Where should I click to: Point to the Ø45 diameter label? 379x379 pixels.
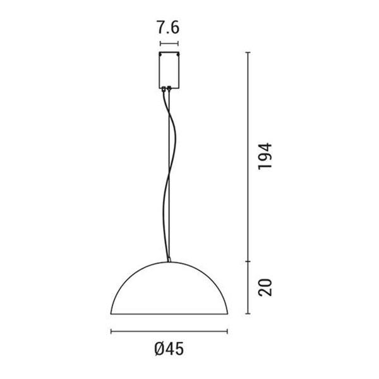tap(169, 348)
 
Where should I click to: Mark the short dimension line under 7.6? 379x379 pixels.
tap(169, 44)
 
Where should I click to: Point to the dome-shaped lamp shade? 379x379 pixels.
tap(169, 291)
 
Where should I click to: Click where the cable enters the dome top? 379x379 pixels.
tap(169, 260)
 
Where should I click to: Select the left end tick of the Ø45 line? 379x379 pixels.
tap(111, 331)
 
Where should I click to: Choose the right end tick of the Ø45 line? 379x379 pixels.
tap(227, 331)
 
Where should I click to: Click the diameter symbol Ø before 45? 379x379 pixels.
tap(159, 348)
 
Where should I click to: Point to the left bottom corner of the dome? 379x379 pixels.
tap(112, 314)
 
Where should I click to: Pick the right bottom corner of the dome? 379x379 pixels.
tap(226, 314)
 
